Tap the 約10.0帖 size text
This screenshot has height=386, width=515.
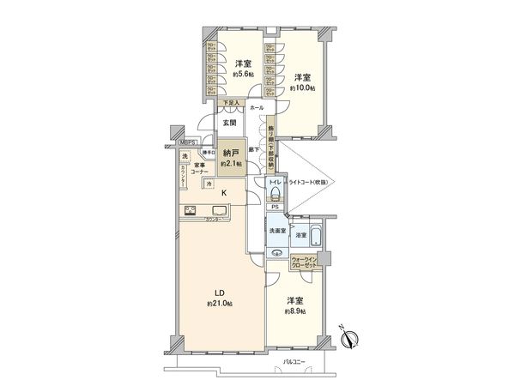[x=302, y=87]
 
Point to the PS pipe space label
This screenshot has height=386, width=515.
[x=276, y=207]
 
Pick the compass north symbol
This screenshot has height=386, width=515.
[x=349, y=339]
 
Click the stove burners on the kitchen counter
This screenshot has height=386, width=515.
[x=189, y=213]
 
